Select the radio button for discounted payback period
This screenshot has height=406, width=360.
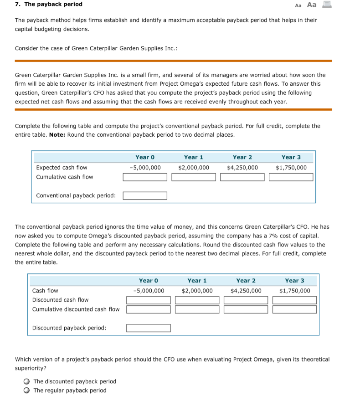click(27, 381)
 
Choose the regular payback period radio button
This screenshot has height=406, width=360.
click(27, 391)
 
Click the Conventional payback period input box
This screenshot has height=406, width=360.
click(145, 195)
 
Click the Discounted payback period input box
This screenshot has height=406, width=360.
click(149, 328)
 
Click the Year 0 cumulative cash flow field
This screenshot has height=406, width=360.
click(145, 177)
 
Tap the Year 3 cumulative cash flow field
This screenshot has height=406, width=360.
click(291, 177)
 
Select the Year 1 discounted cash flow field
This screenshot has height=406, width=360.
click(197, 300)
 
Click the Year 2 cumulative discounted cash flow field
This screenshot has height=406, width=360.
click(246, 309)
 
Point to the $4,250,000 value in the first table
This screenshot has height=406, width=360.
click(242, 168)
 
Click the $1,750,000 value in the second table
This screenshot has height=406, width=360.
click(294, 291)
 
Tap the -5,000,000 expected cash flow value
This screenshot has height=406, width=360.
click(145, 168)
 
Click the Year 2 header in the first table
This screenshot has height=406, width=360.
click(242, 157)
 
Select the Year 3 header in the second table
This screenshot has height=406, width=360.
click(294, 281)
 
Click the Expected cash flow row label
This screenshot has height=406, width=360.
click(62, 168)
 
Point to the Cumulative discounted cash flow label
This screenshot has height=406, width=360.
click(76, 309)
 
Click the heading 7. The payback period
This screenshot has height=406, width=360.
click(49, 4)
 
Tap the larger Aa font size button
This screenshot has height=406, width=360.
click(312, 5)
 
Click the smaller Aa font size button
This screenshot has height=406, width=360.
click(298, 5)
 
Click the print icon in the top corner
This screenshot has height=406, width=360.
click(326, 5)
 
